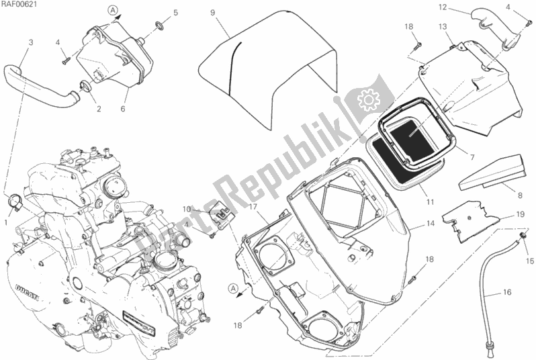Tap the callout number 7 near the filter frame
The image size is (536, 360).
[473, 157]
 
